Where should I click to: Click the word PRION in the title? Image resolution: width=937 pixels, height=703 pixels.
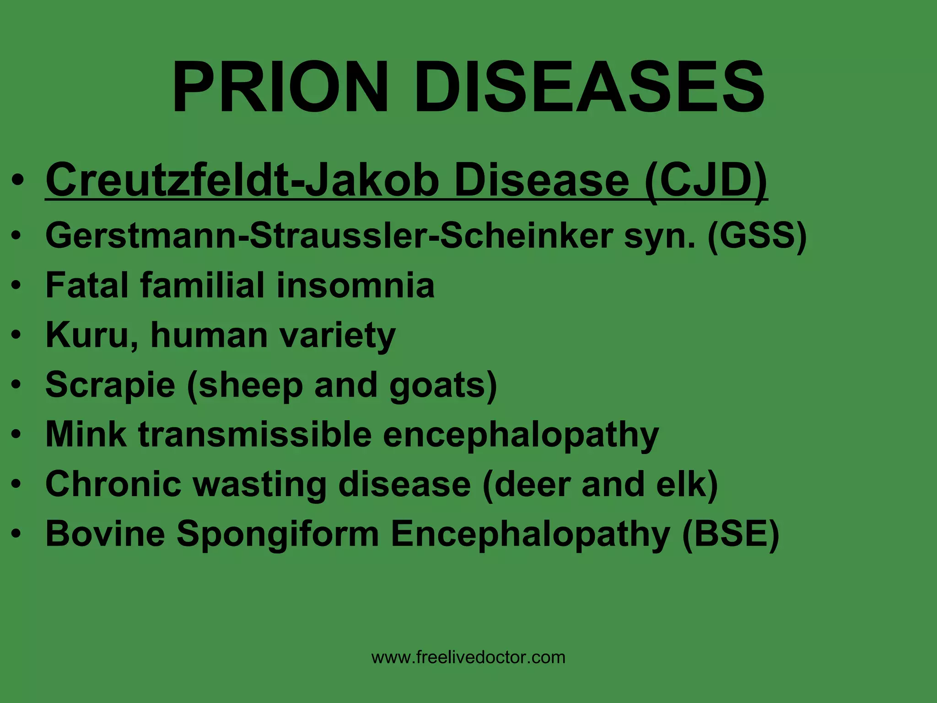tap(280, 87)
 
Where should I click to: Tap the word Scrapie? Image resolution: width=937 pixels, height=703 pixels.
tap(110, 385)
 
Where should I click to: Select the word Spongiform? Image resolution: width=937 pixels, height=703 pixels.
tap(278, 535)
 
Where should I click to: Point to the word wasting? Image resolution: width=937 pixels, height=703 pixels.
tap(259, 484)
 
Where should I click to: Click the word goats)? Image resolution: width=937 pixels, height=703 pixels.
tap(443, 385)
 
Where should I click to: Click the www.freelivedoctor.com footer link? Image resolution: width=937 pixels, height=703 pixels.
tap(468, 657)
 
